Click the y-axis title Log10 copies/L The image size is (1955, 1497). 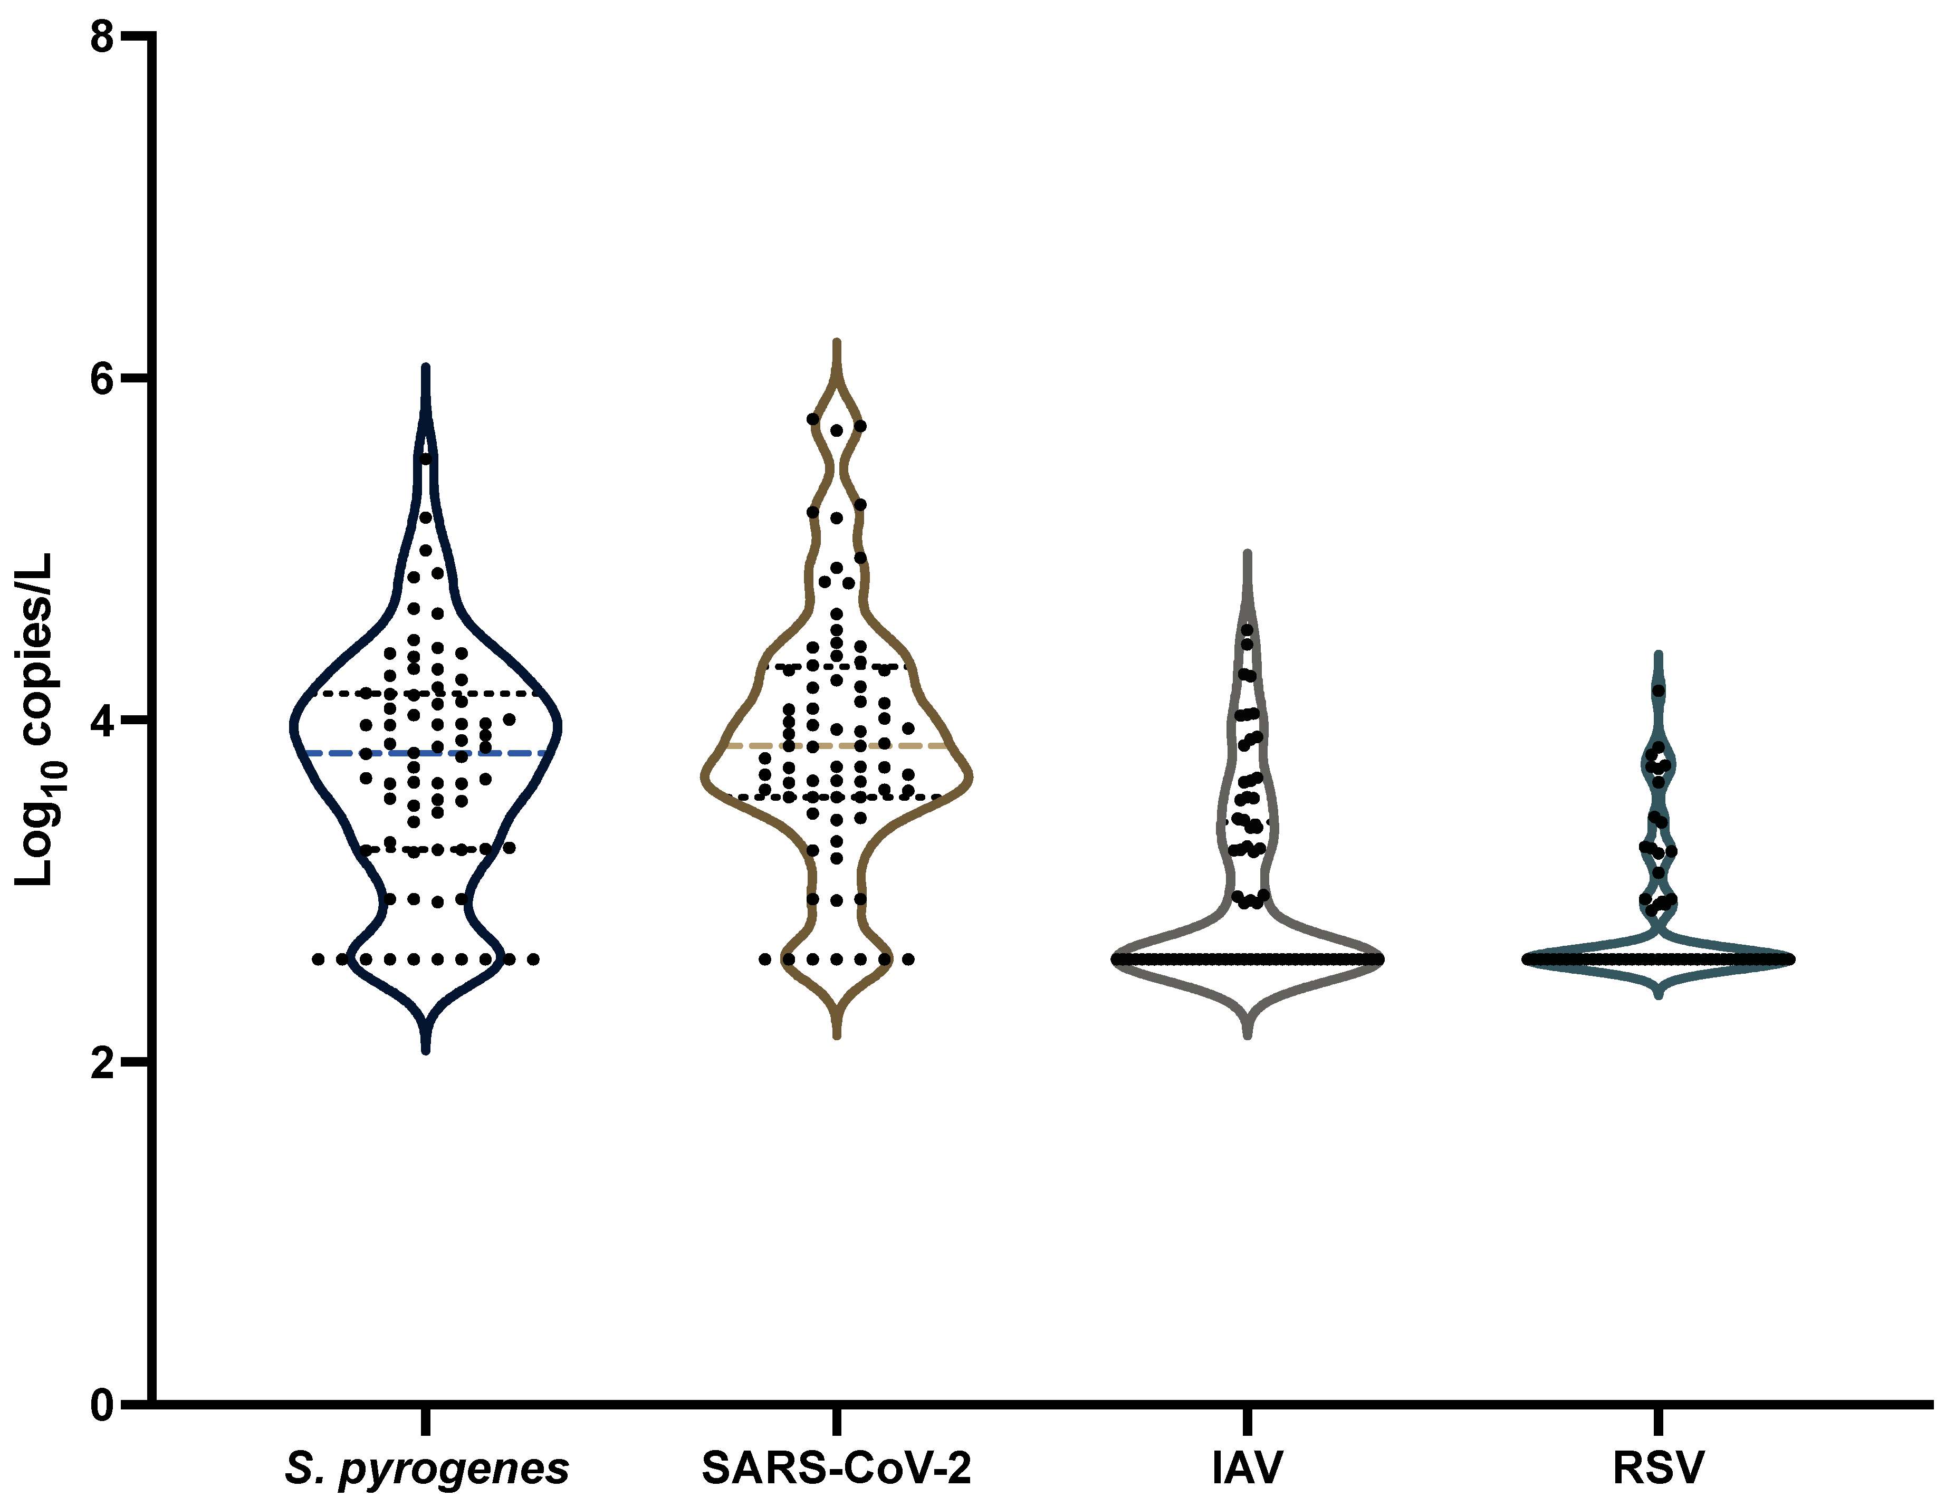(x=36, y=720)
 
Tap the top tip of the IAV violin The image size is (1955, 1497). (x=1248, y=555)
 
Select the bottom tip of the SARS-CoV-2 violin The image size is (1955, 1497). (x=837, y=1035)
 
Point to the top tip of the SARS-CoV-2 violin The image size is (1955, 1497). (x=837, y=342)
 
